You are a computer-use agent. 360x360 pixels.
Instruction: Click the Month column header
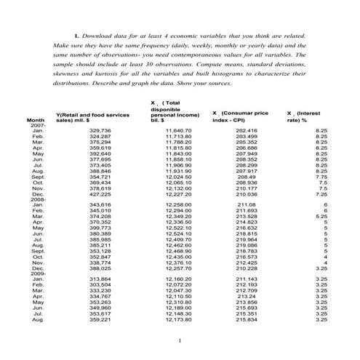pyautogui.click(x=35, y=119)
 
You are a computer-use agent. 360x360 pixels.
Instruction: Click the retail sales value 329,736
pyautogui.click(x=100, y=130)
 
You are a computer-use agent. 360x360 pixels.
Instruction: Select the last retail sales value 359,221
pyautogui.click(x=100, y=319)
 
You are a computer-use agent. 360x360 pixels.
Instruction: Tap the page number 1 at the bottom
pyautogui.click(x=180, y=341)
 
